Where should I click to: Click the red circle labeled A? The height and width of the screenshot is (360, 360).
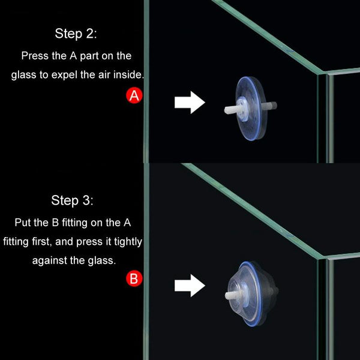[x=134, y=95]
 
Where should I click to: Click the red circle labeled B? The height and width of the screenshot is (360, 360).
[x=134, y=278]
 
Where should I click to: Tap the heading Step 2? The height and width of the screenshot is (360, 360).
[x=76, y=34]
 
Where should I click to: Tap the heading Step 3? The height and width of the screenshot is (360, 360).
[x=73, y=200]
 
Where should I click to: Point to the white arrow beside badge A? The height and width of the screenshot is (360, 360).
[x=190, y=103]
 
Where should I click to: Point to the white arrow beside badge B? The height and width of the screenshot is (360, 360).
[x=190, y=286]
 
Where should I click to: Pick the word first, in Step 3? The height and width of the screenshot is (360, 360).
[x=42, y=242]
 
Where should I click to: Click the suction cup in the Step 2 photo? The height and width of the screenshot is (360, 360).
[x=251, y=109]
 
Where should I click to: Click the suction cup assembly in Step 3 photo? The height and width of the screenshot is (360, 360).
[x=251, y=294]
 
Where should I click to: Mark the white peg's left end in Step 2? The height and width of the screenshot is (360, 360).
[x=226, y=110]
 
